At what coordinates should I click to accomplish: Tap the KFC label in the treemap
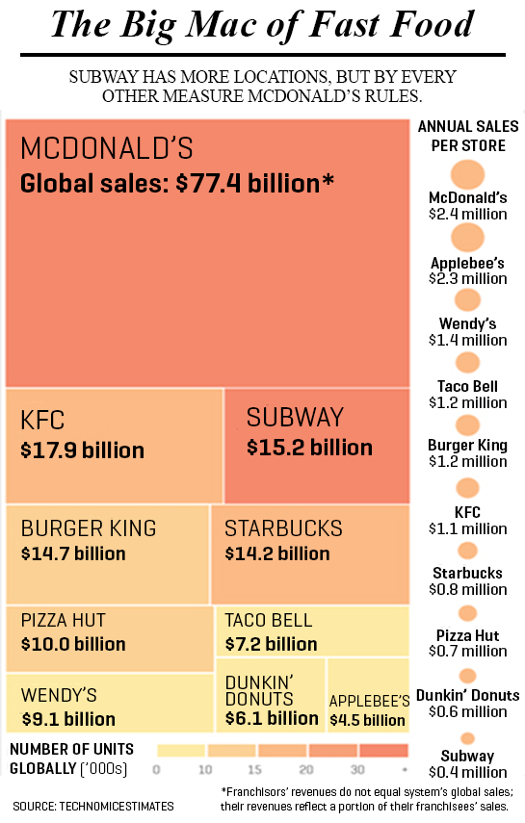click(x=42, y=421)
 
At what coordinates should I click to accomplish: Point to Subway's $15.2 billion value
click(x=309, y=448)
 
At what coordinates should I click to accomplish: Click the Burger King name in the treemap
click(x=88, y=528)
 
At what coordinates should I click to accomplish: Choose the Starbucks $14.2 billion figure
click(x=277, y=553)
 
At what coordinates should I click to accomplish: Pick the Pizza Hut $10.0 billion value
click(x=73, y=644)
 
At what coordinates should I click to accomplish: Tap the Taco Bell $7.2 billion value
click(x=270, y=644)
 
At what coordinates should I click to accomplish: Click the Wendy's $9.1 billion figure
click(x=67, y=719)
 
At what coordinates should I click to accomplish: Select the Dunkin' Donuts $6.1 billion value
click(x=272, y=718)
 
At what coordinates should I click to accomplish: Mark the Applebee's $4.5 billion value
click(x=367, y=720)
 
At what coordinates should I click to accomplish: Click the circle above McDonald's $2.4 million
click(x=467, y=175)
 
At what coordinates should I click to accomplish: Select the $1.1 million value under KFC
click(x=467, y=528)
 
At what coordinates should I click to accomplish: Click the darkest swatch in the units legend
click(x=383, y=751)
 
